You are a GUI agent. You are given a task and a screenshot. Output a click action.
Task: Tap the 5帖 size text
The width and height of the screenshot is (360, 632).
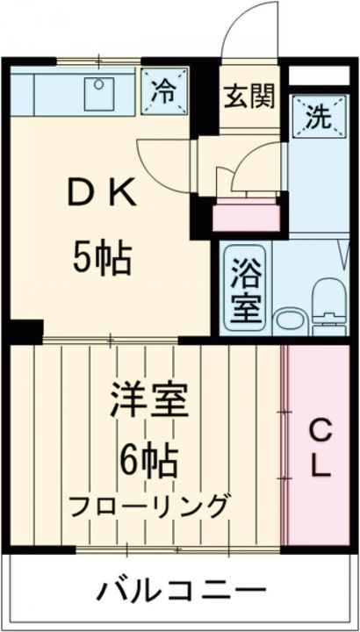(x=102, y=261)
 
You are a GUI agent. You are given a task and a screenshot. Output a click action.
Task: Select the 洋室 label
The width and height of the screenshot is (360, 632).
(x=148, y=402)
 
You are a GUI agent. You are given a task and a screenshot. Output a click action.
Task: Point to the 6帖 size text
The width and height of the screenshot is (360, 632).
(x=148, y=459)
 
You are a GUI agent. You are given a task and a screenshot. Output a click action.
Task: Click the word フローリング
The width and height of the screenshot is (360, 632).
(x=148, y=506)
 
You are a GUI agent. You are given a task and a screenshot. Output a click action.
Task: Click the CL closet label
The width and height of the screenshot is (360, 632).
(x=320, y=448)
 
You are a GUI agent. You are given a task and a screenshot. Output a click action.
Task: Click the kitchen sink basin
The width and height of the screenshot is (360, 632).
(x=99, y=94)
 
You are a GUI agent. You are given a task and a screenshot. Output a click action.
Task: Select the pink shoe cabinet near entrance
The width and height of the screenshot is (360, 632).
(x=245, y=216)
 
